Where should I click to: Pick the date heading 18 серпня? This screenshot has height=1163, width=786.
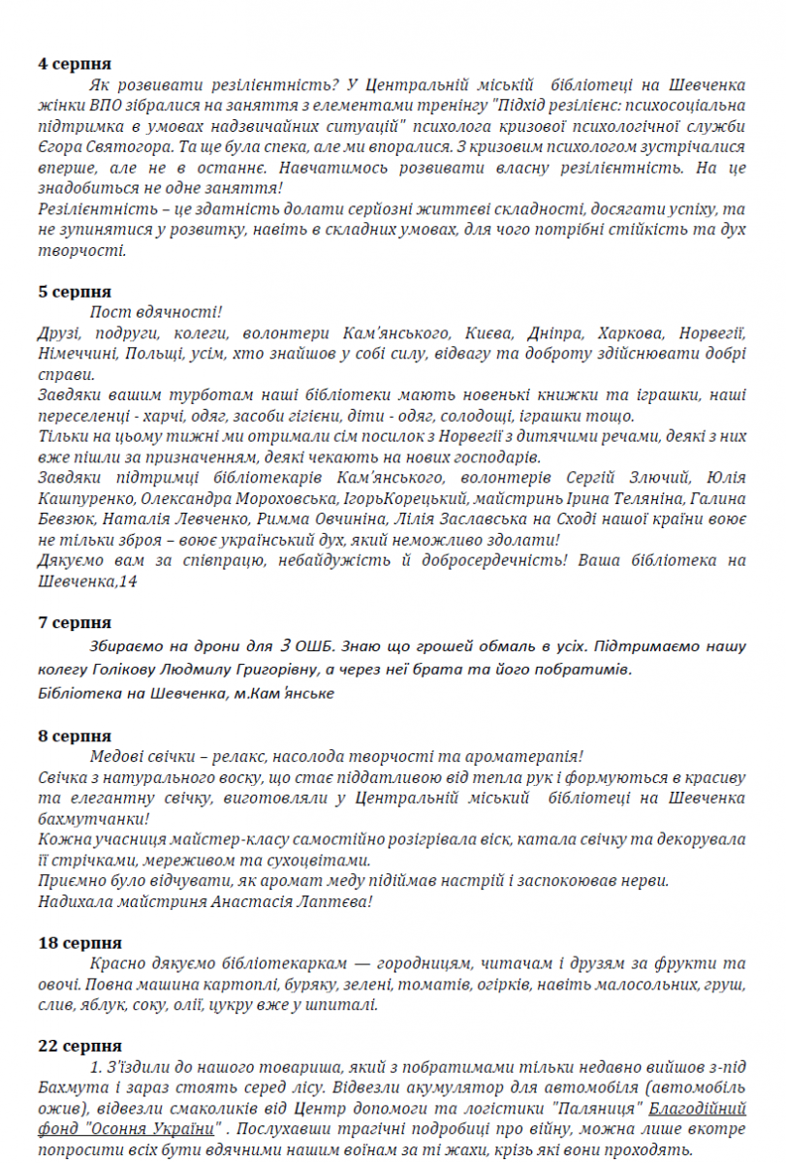[79, 942]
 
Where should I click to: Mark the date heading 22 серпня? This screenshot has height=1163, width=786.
[79, 1046]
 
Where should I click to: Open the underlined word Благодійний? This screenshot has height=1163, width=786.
[697, 1108]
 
